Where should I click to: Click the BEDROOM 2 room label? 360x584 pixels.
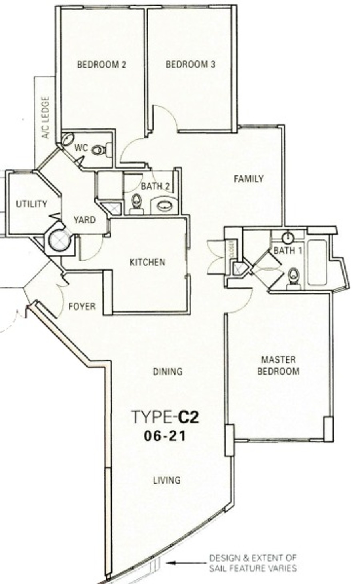(x=101, y=65)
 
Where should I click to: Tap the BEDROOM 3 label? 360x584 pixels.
(x=190, y=64)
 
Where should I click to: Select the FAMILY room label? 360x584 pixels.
(x=248, y=179)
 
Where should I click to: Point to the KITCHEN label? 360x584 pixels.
(x=148, y=262)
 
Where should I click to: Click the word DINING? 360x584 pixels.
(x=168, y=371)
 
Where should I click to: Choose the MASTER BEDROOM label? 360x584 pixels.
(x=278, y=365)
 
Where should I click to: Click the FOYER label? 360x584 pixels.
(x=82, y=306)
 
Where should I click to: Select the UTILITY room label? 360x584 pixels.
(x=32, y=204)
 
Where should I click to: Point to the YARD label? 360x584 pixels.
(x=84, y=220)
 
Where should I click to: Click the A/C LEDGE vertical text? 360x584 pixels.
(x=46, y=118)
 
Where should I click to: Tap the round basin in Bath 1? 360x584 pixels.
(x=288, y=237)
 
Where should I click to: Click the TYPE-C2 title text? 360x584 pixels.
(x=166, y=417)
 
